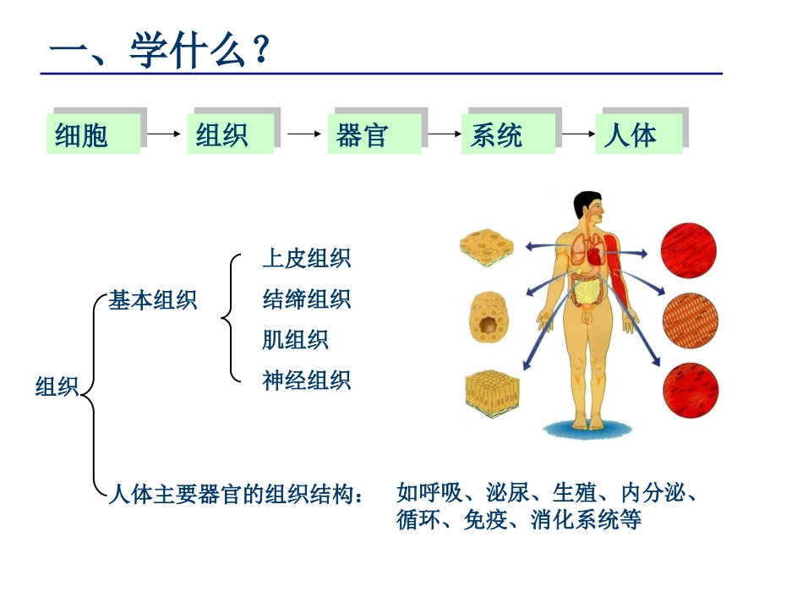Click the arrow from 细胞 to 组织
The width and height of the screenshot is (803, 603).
coord(164,133)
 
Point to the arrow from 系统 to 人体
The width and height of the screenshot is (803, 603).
coord(579,133)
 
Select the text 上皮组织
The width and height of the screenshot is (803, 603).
coord(306,259)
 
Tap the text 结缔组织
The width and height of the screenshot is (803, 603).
coord(306,299)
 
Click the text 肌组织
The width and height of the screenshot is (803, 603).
coord(295,340)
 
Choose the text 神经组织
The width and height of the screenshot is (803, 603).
coord(306,381)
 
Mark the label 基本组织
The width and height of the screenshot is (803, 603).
coord(152,300)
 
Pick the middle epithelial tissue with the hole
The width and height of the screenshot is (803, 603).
coord(488,319)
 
